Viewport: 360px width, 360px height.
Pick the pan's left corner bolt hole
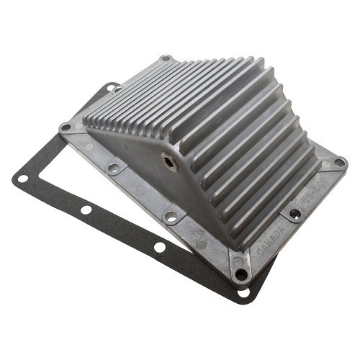click(x=66, y=127)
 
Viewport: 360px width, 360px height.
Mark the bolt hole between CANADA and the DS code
click(x=295, y=213)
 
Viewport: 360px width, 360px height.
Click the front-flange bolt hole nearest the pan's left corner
click(x=113, y=168)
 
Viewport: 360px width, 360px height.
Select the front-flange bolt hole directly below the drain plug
click(x=171, y=215)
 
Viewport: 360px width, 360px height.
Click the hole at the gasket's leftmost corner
click(x=22, y=178)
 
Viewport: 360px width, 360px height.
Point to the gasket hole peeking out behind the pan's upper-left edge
click(x=112, y=88)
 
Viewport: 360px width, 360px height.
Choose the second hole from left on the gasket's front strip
click(x=86, y=210)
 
